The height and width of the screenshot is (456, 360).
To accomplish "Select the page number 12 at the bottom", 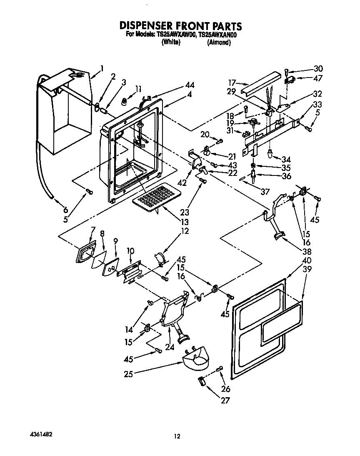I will [x=177, y=436].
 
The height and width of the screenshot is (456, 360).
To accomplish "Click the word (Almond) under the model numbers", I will [x=218, y=43].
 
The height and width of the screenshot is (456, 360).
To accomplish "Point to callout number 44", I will [x=190, y=85].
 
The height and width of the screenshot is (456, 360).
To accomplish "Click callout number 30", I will [x=318, y=69].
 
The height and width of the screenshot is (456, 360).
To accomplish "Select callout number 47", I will [x=318, y=78].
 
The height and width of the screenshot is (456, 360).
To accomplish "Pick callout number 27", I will [x=225, y=401].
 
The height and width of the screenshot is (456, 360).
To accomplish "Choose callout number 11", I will [x=139, y=88].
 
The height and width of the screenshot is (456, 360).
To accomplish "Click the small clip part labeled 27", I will [x=201, y=381].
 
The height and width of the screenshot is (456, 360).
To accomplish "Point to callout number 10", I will [x=130, y=251].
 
